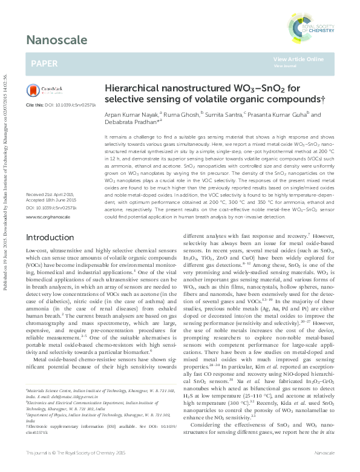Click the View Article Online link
pos(298,59)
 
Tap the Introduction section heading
pos(54,237)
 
